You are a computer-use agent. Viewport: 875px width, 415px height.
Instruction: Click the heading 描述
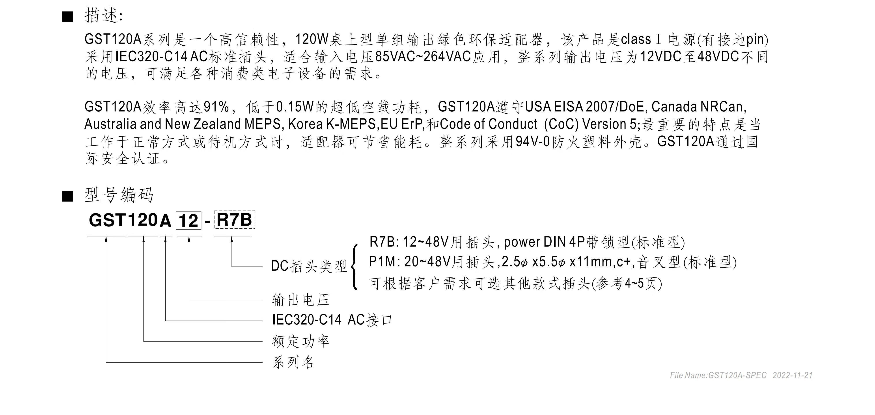tap(102, 16)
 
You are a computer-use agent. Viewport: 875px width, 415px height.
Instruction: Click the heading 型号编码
tap(119, 195)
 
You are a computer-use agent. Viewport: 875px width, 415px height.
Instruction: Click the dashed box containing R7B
tap(234, 220)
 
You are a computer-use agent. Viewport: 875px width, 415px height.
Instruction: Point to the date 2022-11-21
tap(793, 376)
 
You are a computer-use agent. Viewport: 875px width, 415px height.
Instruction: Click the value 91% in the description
tap(216, 107)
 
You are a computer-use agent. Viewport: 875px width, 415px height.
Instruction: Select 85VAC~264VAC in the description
tap(423, 57)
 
